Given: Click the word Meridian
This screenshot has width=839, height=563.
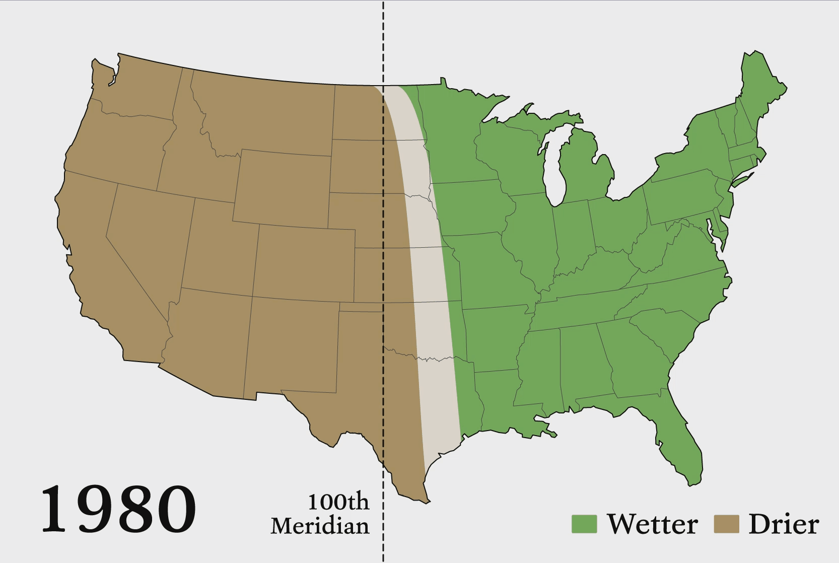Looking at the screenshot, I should (320, 526).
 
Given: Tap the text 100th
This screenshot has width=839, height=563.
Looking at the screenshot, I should (338, 502).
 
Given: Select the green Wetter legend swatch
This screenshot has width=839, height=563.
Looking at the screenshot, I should (584, 524).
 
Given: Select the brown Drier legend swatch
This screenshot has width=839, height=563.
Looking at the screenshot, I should (726, 524).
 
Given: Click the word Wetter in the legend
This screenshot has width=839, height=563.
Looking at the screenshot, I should (653, 524).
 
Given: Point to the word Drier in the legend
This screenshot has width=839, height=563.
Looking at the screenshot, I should (784, 524).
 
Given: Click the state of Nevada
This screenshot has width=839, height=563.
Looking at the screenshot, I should (146, 237).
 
